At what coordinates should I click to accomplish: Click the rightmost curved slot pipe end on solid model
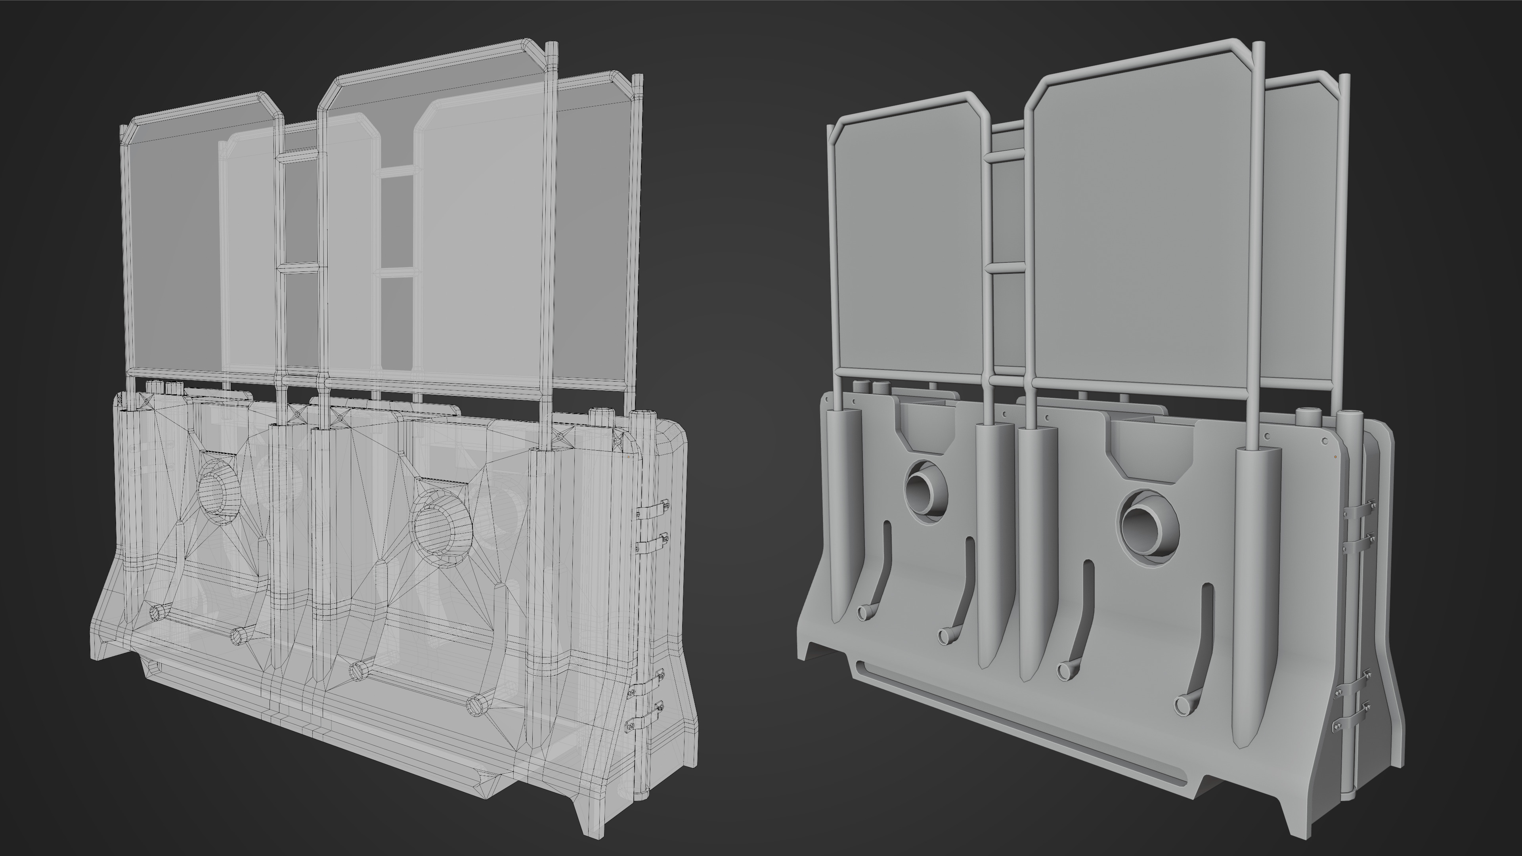pos(1184,704)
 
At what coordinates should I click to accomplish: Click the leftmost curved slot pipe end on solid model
pos(864,613)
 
